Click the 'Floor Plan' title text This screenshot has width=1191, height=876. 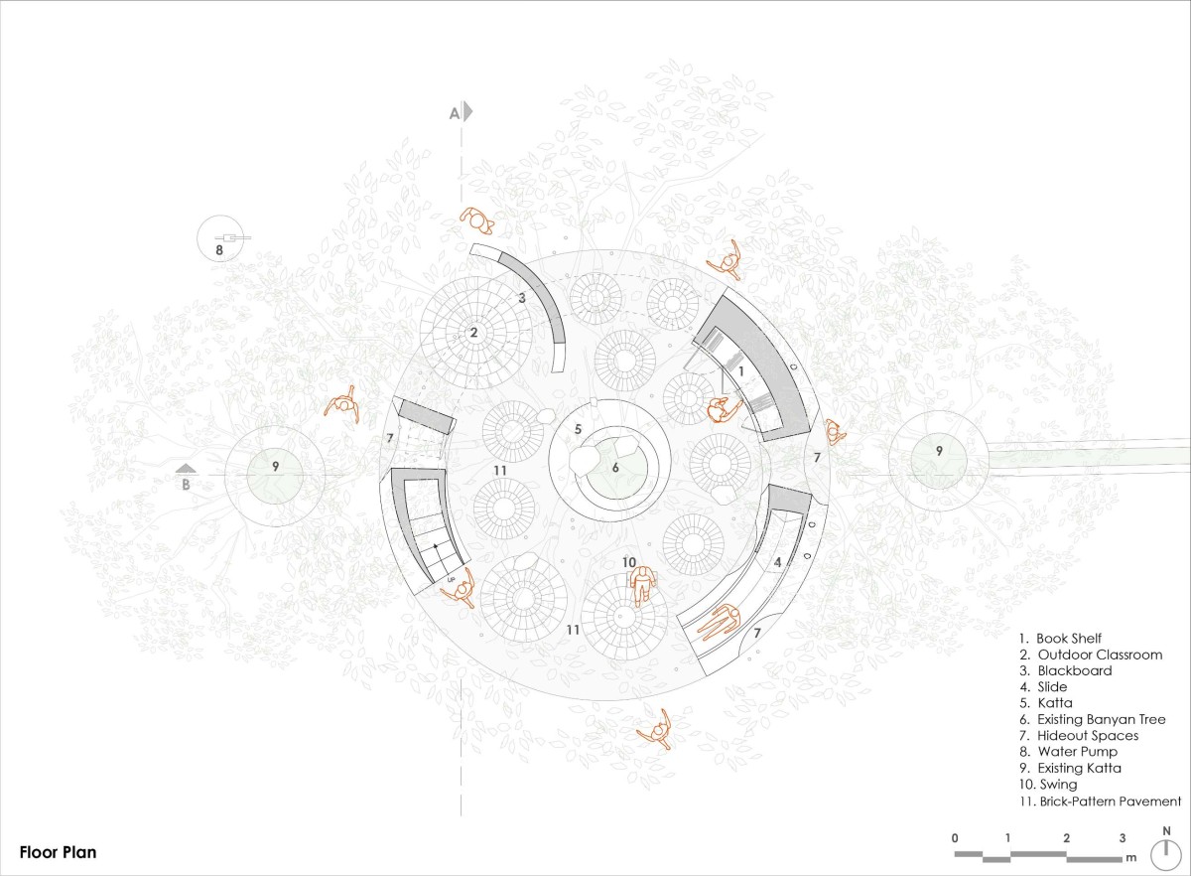click(58, 852)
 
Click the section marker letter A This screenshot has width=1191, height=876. click(455, 113)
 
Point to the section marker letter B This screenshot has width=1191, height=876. click(186, 485)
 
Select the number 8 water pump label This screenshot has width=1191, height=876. click(219, 249)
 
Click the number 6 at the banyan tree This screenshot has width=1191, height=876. click(615, 468)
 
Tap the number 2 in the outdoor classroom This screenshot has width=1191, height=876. click(473, 333)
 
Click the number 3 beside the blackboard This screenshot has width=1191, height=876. click(522, 298)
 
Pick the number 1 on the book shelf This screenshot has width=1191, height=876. click(741, 371)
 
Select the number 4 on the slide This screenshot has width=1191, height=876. click(777, 562)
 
